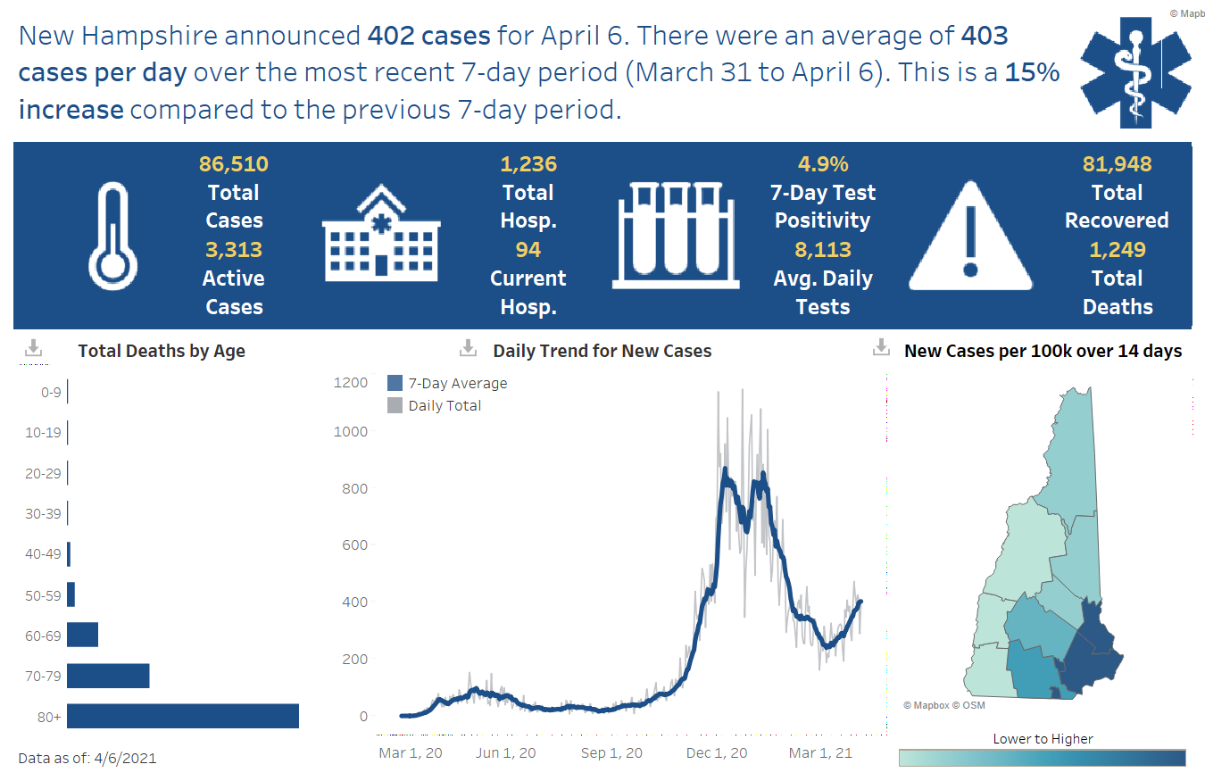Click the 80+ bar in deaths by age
coord(182,716)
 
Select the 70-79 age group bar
coord(107,676)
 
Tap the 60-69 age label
coord(44,636)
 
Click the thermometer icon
coord(113,235)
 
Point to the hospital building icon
coord(380,234)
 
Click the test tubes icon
coord(676,235)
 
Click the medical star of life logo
coord(1134,71)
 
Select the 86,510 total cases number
coord(233,164)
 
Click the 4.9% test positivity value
coord(822,164)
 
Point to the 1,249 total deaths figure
coord(1118,250)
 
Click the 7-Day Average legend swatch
coord(395,383)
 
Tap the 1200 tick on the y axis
coord(351,383)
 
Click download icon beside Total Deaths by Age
coord(33,349)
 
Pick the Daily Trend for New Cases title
coord(602,351)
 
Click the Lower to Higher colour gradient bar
coord(1042,757)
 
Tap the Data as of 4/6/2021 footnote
coord(87,759)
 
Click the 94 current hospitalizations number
coord(528,250)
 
